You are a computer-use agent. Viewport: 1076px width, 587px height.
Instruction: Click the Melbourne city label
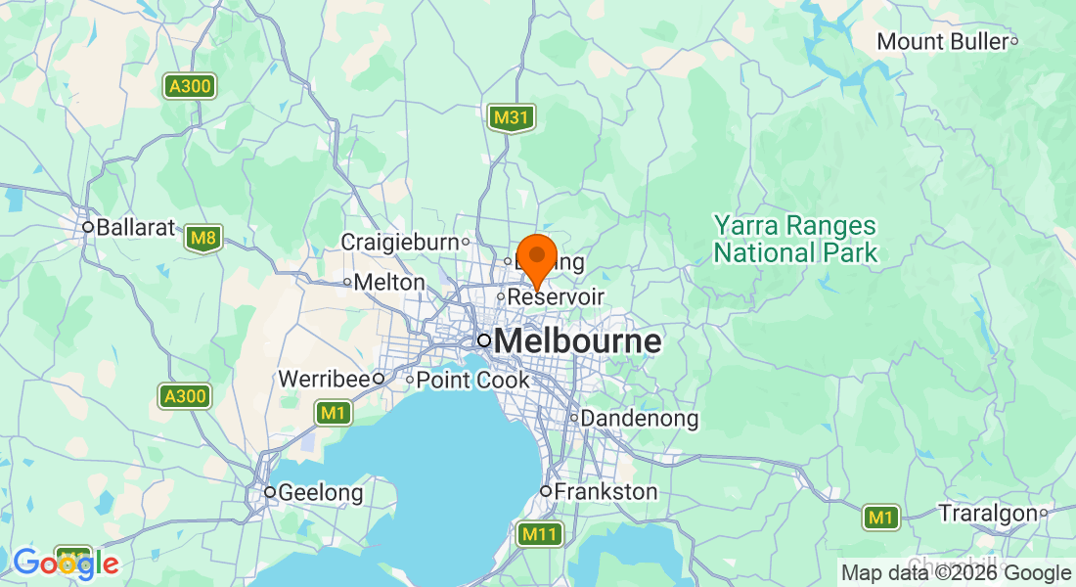pyautogui.click(x=577, y=341)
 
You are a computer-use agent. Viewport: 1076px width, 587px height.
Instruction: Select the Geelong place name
pyautogui.click(x=320, y=492)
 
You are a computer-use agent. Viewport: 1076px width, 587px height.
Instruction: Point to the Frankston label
pyautogui.click(x=605, y=491)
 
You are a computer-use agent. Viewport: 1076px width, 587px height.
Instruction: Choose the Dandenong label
pyautogui.click(x=639, y=419)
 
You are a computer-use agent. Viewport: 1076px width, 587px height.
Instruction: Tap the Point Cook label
pyautogui.click(x=472, y=380)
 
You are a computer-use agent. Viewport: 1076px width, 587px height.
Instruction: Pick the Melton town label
pyautogui.click(x=389, y=283)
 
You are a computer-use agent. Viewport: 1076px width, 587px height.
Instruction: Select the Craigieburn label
pyautogui.click(x=399, y=242)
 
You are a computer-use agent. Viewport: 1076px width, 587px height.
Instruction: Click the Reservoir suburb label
pyautogui.click(x=556, y=296)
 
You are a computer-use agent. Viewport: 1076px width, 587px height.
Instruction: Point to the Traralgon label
pyautogui.click(x=987, y=513)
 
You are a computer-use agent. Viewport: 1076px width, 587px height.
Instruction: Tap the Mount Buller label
pyautogui.click(x=941, y=42)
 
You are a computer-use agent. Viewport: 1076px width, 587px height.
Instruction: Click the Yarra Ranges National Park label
pyautogui.click(x=795, y=240)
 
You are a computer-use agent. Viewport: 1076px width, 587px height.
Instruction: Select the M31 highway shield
pyautogui.click(x=512, y=118)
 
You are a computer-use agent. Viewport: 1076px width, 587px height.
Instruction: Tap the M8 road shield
pyautogui.click(x=203, y=238)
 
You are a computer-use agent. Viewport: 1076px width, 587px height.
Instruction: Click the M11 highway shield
pyautogui.click(x=540, y=534)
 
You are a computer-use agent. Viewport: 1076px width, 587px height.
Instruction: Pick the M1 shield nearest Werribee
pyautogui.click(x=334, y=414)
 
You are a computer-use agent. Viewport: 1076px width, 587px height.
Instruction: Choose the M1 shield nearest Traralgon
pyautogui.click(x=881, y=518)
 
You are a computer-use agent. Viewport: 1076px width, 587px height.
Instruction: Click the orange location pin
pyautogui.click(x=536, y=256)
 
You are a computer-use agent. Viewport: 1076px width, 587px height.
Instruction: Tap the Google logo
pyautogui.click(x=65, y=563)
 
